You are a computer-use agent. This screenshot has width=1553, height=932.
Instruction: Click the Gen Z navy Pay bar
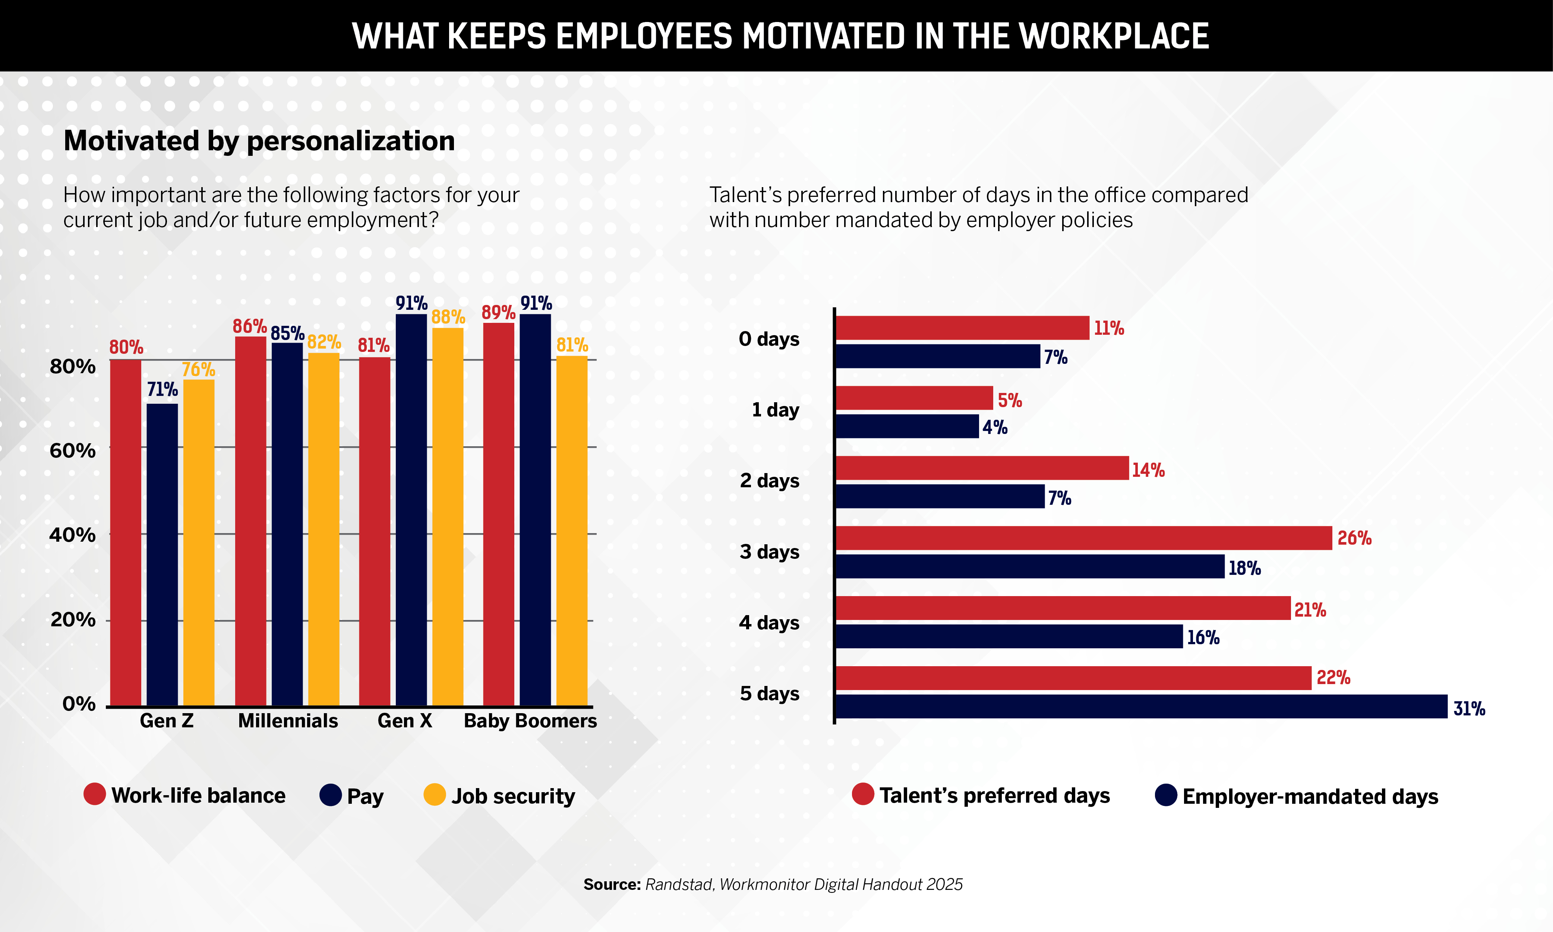(x=162, y=555)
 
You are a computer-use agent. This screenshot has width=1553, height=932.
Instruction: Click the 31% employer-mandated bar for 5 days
(x=1141, y=706)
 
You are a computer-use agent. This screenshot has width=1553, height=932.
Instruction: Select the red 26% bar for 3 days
(x=1083, y=538)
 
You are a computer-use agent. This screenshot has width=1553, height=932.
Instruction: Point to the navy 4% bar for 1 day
(x=907, y=426)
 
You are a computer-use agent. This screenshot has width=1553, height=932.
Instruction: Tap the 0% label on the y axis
(x=79, y=704)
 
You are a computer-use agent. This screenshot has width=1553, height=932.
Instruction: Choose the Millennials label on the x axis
(x=288, y=721)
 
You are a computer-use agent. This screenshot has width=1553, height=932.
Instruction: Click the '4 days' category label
(x=769, y=623)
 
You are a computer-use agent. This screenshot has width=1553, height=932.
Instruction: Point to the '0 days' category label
(x=769, y=339)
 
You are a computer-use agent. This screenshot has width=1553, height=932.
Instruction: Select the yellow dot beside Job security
(x=435, y=794)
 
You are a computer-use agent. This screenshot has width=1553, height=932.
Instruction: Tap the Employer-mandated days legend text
(x=1310, y=796)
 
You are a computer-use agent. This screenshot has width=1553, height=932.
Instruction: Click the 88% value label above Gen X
(x=448, y=317)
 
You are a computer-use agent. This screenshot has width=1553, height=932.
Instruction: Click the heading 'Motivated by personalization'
(x=259, y=141)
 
